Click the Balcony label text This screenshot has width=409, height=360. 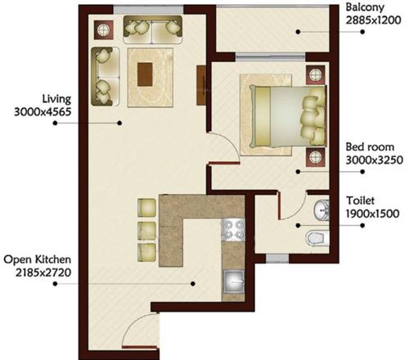[366, 9]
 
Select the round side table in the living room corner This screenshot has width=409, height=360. [106, 30]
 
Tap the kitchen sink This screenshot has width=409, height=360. [235, 281]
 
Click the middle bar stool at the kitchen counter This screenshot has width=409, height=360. [146, 227]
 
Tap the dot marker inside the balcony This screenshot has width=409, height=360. [299, 31]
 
